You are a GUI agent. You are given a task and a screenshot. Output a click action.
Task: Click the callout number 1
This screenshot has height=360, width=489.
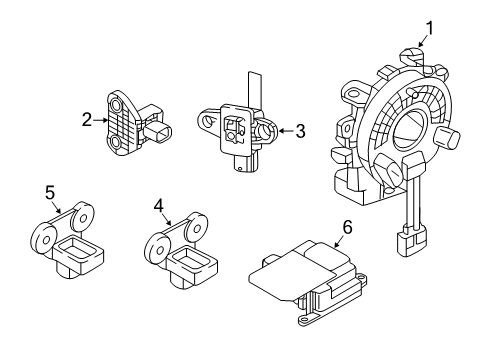(x=431, y=27)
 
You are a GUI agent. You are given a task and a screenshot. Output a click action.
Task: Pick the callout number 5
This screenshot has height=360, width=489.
(x=48, y=190)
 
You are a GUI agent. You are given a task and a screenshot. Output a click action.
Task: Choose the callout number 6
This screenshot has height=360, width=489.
(x=348, y=226)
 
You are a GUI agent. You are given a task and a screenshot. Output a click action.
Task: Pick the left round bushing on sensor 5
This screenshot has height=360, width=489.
(x=43, y=237)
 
